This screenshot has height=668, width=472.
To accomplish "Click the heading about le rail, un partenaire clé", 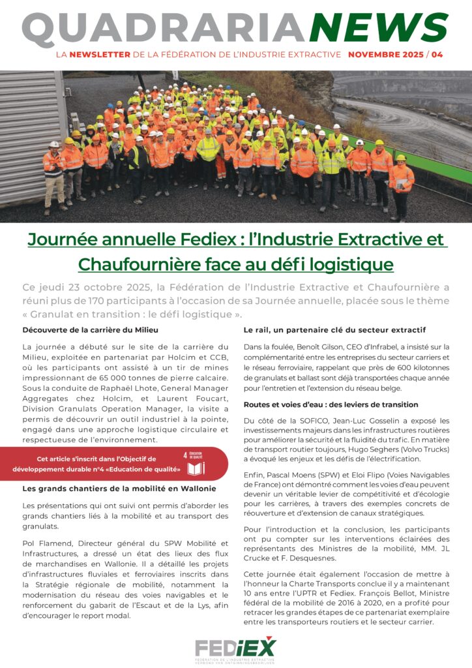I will click(334, 330).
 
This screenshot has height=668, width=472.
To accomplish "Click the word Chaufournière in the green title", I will click(130, 264).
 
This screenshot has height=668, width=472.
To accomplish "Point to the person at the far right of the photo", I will click(400, 184).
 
